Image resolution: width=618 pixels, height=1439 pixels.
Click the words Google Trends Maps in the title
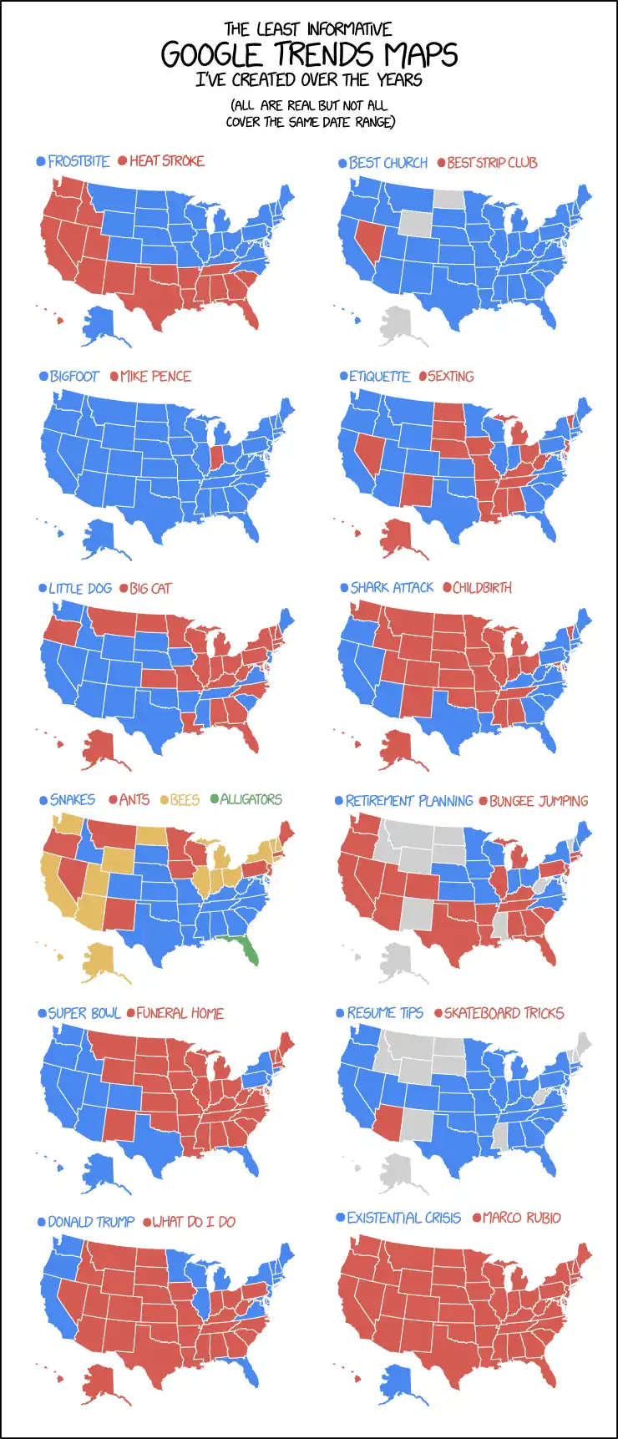click(309, 55)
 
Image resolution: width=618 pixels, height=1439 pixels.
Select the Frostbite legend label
click(79, 161)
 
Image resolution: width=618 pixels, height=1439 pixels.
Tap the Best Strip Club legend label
click(492, 163)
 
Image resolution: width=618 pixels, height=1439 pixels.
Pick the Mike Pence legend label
click(155, 377)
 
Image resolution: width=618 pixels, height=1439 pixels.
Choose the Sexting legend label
click(451, 377)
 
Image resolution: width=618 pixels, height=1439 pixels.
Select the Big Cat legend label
click(150, 589)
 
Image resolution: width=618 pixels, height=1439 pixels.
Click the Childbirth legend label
click(482, 588)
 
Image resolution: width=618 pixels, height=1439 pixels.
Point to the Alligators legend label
click(251, 799)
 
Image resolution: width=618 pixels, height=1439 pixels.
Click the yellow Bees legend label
click(185, 800)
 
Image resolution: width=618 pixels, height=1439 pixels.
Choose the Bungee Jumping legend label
click(539, 801)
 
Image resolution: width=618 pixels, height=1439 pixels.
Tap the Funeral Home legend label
click(180, 1013)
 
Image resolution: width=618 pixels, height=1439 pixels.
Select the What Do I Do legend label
click(194, 1222)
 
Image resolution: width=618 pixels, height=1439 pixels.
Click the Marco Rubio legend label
click(521, 1218)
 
